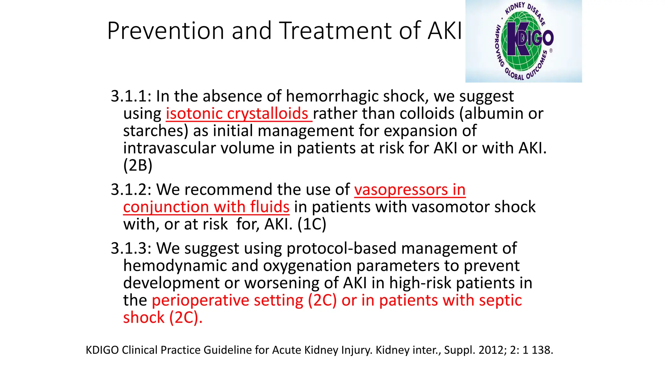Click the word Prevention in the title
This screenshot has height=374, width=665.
click(x=166, y=31)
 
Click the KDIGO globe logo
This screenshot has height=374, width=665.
click(x=523, y=41)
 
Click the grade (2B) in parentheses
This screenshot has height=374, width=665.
click(x=138, y=166)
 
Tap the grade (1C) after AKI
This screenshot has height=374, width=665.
click(x=312, y=224)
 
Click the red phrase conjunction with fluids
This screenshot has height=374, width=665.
click(x=206, y=207)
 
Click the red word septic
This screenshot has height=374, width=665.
click(x=500, y=300)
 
